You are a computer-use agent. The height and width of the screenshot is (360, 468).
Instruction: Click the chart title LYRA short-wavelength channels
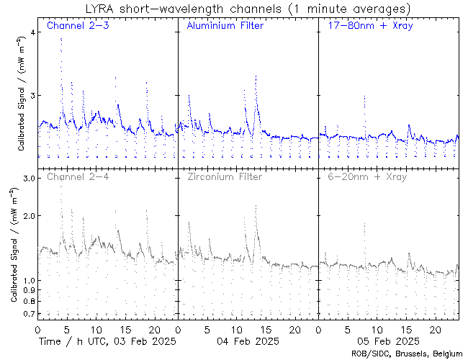pyautogui.click(x=247, y=9)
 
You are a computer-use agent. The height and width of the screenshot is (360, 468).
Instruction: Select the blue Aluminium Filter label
pyautogui.click(x=225, y=27)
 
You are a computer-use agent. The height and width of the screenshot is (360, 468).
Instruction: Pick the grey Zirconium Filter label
pyautogui.click(x=225, y=176)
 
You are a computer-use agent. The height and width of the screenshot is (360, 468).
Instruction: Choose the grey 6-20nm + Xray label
pyautogui.click(x=366, y=176)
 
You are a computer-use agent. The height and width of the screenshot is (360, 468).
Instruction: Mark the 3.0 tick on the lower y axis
pyautogui.click(x=27, y=178)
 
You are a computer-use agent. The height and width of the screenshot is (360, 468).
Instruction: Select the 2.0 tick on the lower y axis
pyautogui.click(x=27, y=216)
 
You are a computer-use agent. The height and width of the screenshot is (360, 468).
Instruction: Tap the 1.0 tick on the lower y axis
pyautogui.click(x=27, y=280)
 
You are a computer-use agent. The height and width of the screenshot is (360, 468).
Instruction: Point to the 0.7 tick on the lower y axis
pyautogui.click(x=27, y=314)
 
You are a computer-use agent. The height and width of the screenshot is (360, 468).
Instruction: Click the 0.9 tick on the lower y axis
pyautogui.click(x=27, y=290)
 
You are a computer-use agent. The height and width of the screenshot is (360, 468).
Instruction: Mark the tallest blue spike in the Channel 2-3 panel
pyautogui.click(x=61, y=39)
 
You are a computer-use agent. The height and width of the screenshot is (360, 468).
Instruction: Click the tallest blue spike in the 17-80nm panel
pyautogui.click(x=365, y=96)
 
